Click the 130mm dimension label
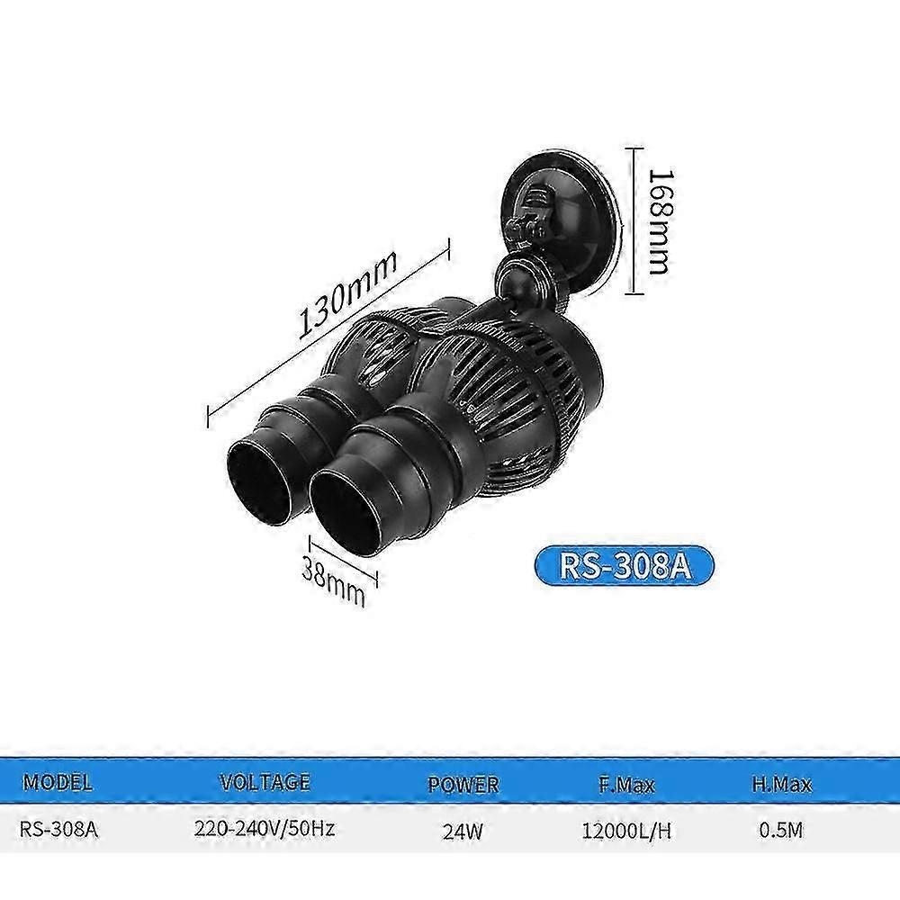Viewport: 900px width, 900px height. point(347,294)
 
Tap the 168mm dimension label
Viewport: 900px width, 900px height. point(660,221)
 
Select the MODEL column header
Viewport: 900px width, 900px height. point(58,783)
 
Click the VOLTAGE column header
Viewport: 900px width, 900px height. point(265,782)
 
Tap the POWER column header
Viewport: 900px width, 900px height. point(463,785)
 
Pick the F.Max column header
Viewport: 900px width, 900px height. point(626,784)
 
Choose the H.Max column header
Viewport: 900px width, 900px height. point(782,784)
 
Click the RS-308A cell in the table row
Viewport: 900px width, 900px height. point(59,830)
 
